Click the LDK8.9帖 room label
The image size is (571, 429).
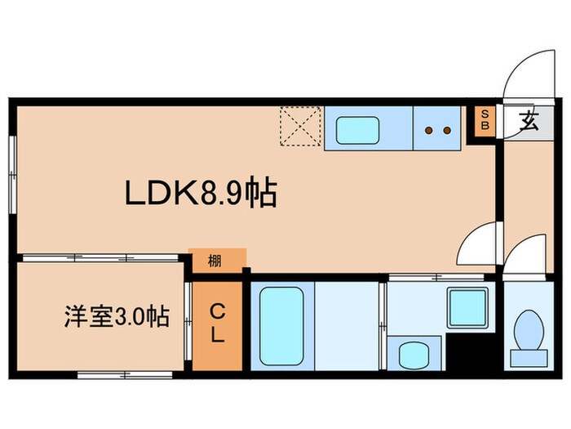coord(200,194)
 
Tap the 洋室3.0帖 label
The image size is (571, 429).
coord(117,317)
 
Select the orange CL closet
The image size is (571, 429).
coord(218,324)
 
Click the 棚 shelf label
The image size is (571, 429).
coord(215,261)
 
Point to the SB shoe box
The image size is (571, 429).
coord(484,121)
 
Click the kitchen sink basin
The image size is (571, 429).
coord(356,128)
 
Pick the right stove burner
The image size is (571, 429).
coord(447,129)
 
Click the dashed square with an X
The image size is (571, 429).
coord(300,127)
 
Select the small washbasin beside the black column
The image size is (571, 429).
coord(414,354)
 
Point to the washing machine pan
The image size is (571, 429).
coord(467,307)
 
